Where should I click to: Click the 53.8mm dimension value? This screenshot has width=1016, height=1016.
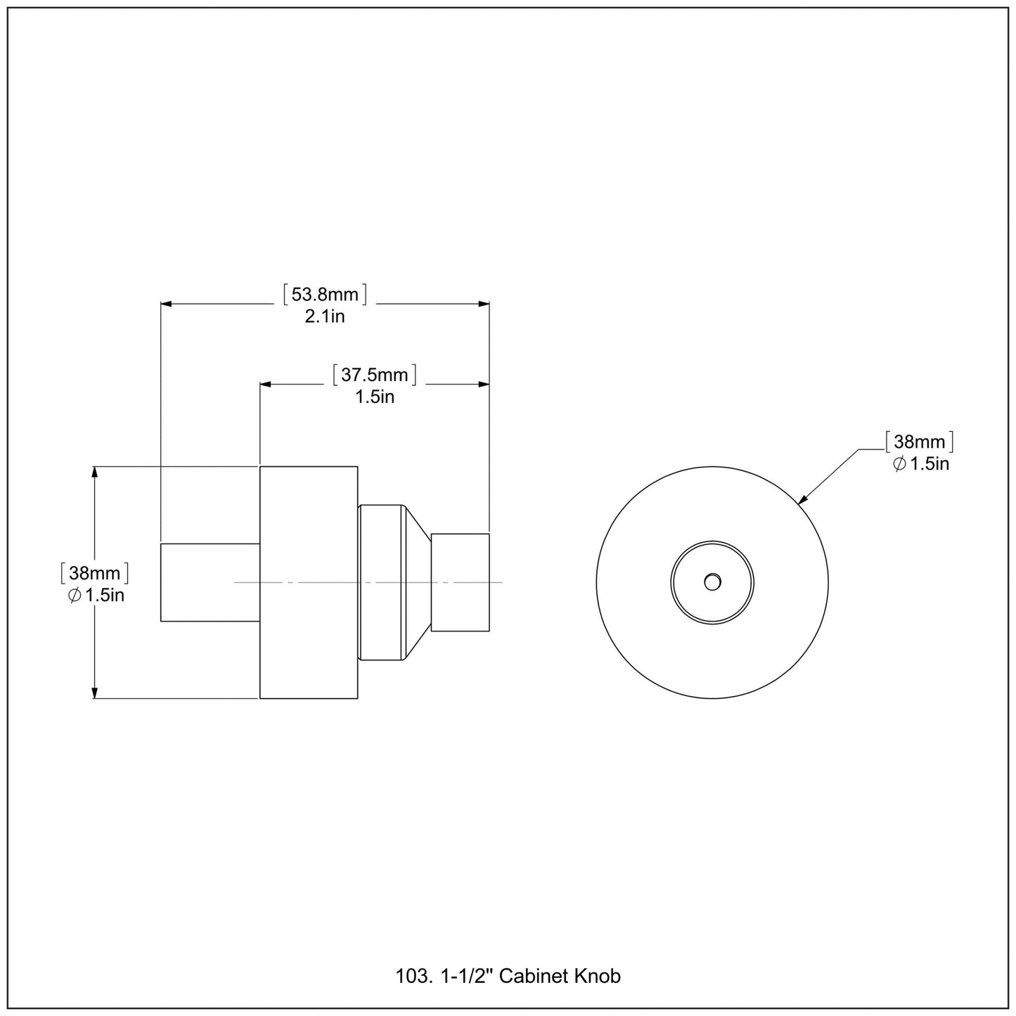[325, 294]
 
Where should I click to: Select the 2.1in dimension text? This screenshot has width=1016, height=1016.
[325, 316]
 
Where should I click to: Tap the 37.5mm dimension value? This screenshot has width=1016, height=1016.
[375, 375]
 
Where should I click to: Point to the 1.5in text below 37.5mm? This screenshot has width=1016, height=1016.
[375, 397]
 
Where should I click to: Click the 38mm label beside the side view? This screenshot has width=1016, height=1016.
[94, 573]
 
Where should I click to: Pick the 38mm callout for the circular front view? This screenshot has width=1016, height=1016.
[919, 442]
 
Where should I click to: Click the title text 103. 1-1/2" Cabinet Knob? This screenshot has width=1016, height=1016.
[508, 976]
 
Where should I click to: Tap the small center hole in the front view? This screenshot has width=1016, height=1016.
[712, 582]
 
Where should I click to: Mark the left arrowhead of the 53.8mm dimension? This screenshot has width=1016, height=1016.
[167, 304]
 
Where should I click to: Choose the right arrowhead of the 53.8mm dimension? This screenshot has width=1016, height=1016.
[484, 304]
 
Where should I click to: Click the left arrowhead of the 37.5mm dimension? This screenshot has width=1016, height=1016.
[266, 385]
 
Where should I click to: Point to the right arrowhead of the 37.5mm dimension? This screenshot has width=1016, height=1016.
[484, 385]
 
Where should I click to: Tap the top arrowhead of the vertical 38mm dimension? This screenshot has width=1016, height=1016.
[94, 472]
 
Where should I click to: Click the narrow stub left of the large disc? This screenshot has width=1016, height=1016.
[210, 582]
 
